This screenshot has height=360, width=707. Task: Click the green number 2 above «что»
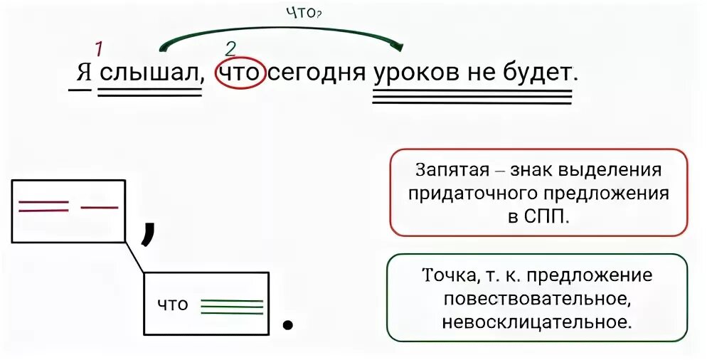(x=229, y=48)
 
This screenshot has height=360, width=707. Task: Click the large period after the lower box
(x=288, y=324)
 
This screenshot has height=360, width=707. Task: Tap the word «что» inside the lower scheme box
(x=172, y=305)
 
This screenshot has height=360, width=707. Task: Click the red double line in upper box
(x=43, y=207)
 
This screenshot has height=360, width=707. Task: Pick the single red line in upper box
(x=100, y=207)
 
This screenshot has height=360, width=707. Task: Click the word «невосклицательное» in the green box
(x=537, y=321)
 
